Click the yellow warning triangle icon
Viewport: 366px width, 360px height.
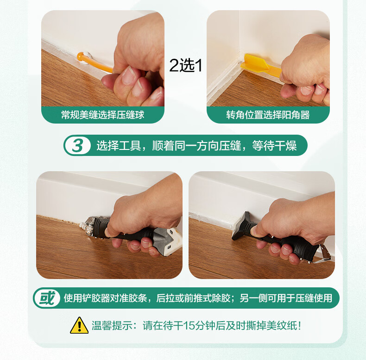click(x=79, y=325)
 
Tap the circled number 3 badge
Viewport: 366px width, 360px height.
click(x=77, y=145)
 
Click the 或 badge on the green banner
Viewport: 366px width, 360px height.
click(x=47, y=298)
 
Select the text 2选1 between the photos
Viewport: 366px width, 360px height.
click(x=186, y=66)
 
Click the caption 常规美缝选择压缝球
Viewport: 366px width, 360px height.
click(x=103, y=115)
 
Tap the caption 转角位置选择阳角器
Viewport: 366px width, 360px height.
click(x=268, y=115)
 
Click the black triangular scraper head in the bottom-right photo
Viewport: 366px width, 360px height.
click(x=242, y=227)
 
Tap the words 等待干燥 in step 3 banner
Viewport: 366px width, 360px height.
click(x=274, y=146)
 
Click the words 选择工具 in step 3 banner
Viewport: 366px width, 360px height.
click(x=119, y=146)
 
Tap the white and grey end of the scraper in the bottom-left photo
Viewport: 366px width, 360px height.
click(x=171, y=242)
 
